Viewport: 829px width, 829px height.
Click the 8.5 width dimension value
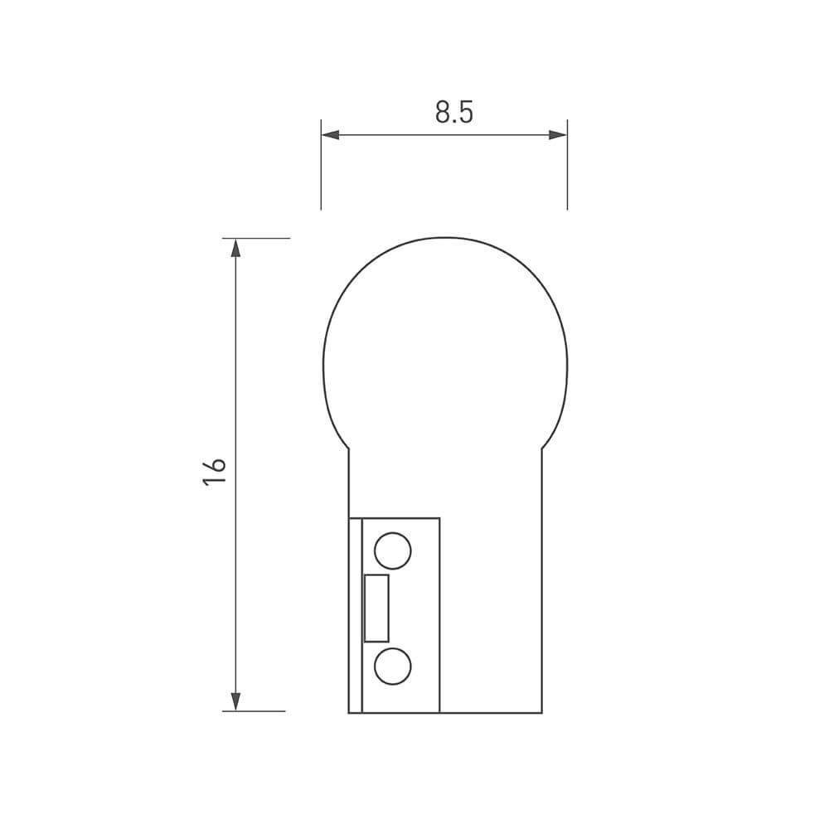[453, 112]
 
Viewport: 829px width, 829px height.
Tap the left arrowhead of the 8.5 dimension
[331, 134]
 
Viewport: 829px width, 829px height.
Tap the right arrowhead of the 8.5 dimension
[558, 134]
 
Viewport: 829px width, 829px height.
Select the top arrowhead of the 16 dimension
[235, 249]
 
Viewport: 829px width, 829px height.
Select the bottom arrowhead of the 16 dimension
[235, 701]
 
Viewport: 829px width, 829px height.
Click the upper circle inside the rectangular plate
[392, 550]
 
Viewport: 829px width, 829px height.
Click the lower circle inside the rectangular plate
[392, 666]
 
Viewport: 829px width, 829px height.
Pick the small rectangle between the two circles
[376, 608]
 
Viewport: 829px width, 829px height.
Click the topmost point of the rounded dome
[445, 238]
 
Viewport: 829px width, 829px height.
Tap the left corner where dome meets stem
[349, 448]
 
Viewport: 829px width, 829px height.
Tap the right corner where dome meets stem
[542, 448]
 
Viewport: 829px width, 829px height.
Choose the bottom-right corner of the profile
[542, 712]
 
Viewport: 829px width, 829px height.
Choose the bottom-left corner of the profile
[349, 712]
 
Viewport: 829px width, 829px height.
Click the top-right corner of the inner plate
[439, 518]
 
